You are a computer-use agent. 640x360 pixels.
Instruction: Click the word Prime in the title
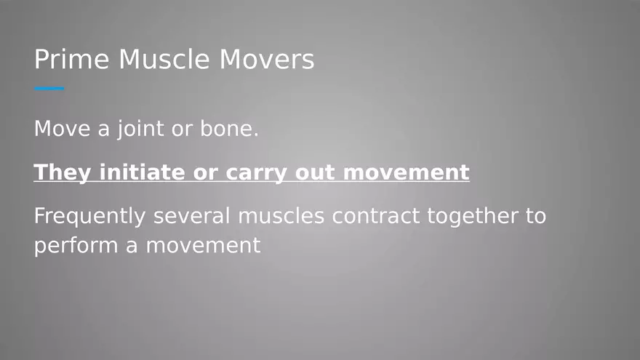pyautogui.click(x=71, y=60)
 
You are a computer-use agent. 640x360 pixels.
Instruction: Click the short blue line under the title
pyautogui.click(x=49, y=89)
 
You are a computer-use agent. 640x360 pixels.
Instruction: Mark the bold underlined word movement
pyautogui.click(x=407, y=173)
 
